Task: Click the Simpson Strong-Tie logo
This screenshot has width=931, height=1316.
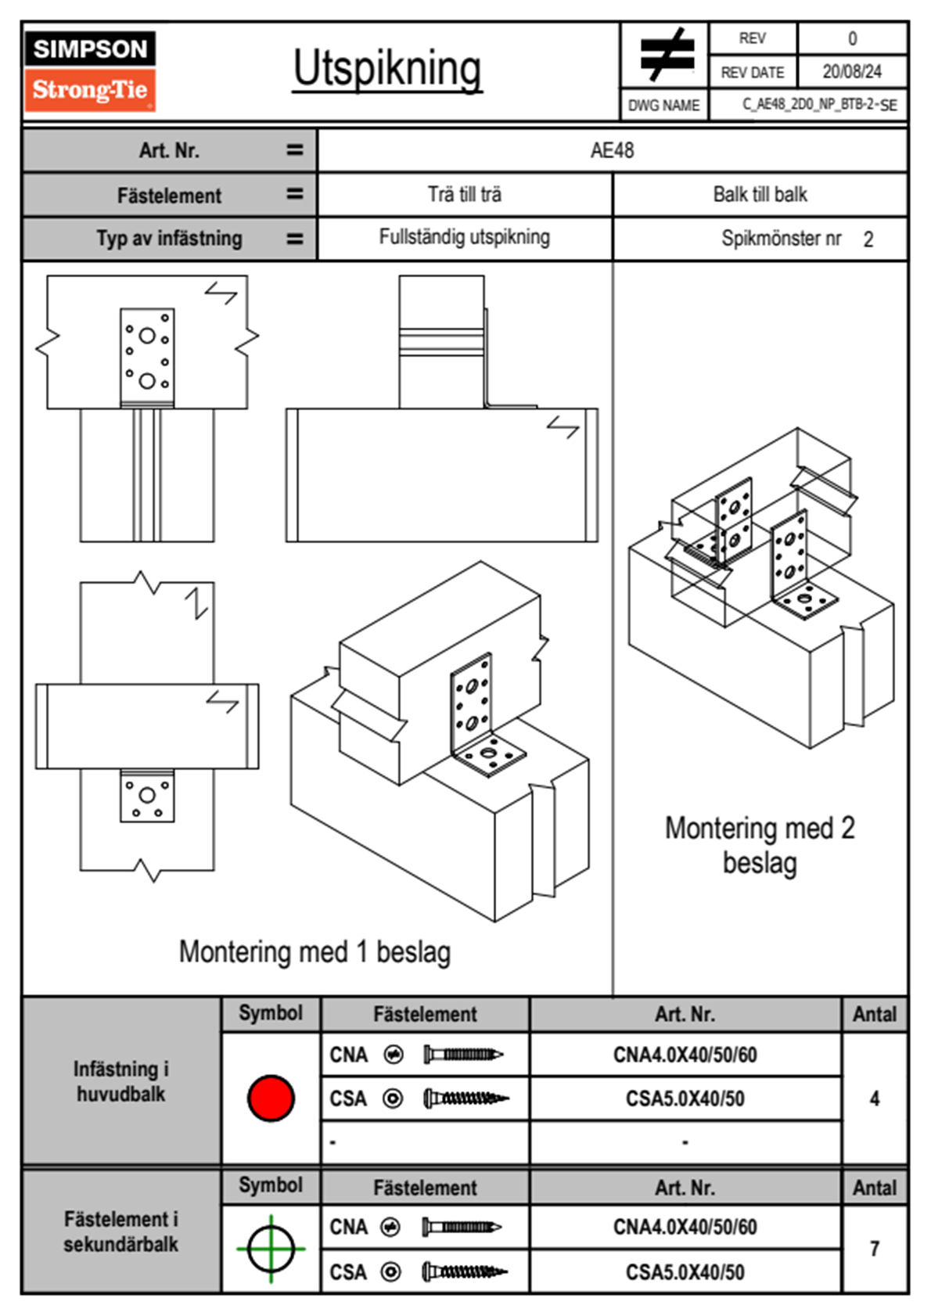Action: click(89, 71)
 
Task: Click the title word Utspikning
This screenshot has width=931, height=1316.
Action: click(387, 69)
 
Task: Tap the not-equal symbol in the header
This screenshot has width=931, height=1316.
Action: click(666, 55)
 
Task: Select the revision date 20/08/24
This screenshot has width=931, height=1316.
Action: click(851, 72)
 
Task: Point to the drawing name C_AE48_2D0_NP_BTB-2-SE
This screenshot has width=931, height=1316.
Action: click(819, 105)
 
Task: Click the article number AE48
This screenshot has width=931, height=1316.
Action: click(612, 150)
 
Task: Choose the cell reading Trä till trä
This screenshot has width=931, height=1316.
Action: click(465, 195)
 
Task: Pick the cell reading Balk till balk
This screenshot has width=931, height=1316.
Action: click(760, 195)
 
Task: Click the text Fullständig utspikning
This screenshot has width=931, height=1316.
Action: click(465, 237)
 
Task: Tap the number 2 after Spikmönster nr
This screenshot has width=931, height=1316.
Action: click(868, 239)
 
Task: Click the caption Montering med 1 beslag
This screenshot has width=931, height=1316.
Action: click(315, 952)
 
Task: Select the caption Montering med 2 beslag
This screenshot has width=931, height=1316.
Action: click(760, 846)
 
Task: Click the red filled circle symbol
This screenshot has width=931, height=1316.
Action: click(271, 1098)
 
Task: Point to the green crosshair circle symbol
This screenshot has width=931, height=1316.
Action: click(271, 1248)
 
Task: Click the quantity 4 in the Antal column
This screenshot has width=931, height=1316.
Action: click(875, 1098)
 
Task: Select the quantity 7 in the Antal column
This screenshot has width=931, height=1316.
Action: click(875, 1249)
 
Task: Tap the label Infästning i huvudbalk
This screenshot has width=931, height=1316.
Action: click(121, 1081)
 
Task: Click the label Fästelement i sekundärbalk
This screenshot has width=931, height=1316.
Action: click(121, 1232)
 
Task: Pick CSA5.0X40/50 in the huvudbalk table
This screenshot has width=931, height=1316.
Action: click(685, 1099)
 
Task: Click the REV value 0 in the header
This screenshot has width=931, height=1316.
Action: click(852, 38)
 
